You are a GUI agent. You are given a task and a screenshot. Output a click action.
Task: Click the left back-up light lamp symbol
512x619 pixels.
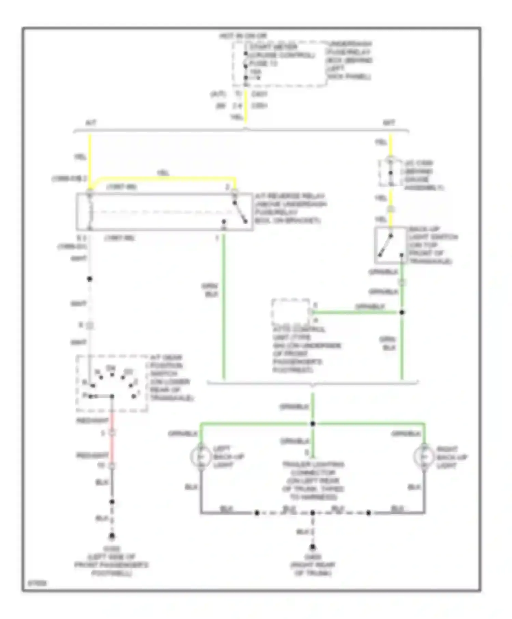pos(201,457)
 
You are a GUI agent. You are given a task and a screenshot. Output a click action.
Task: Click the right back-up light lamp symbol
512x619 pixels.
pos(424,457)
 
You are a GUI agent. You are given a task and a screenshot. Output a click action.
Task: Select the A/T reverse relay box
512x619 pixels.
pos(165,212)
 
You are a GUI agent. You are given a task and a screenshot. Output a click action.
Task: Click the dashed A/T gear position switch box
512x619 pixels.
pos(112,383)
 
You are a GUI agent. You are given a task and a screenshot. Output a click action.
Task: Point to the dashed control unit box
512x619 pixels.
pos(291,312)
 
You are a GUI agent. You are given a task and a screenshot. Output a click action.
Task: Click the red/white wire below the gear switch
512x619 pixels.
pos(112,444)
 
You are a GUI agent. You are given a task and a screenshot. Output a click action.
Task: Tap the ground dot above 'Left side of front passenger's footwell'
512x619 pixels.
pos(112,536)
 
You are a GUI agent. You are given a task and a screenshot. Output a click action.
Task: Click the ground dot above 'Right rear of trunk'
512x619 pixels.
pos(313,547)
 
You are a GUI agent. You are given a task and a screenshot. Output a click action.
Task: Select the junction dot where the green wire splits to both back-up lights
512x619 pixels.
pos(313,424)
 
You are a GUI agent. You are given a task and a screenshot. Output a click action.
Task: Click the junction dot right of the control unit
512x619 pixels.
pos(402,312)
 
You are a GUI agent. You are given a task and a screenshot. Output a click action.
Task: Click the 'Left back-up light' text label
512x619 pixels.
pos(228,457)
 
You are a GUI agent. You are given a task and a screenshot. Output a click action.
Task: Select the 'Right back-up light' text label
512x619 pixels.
pos(451,457)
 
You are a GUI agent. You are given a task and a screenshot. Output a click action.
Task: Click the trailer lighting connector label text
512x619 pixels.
pos(313,480)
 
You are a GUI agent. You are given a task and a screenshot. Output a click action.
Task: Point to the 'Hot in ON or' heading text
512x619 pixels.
pos(243,36)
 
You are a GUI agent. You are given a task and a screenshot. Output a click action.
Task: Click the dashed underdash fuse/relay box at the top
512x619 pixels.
pos(279,64)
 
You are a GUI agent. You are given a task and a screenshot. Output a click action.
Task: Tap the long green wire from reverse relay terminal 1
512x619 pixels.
pos(224,307)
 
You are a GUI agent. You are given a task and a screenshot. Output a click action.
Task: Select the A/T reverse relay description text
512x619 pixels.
pos(290,208)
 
